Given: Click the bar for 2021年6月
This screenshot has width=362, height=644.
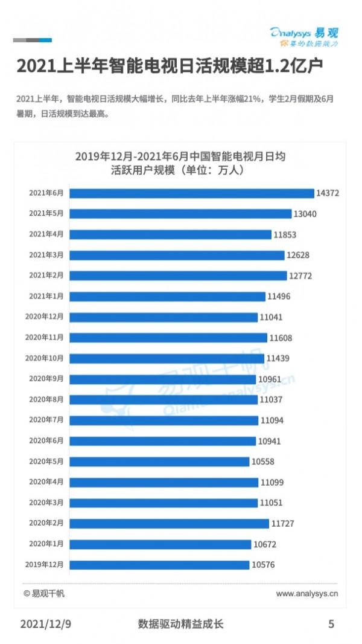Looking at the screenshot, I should (192, 193).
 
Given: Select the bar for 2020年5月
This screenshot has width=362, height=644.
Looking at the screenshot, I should (160, 462).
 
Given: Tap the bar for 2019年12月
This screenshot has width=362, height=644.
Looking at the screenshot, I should (160, 565).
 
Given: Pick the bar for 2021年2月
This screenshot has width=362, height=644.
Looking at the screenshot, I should (179, 275).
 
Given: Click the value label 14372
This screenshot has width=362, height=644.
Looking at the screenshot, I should (329, 193).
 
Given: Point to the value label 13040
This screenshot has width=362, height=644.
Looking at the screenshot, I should (305, 214).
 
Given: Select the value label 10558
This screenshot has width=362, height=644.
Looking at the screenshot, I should (264, 462).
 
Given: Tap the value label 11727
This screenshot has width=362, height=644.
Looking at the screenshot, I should (282, 524).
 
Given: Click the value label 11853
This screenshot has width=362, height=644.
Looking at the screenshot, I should (285, 234).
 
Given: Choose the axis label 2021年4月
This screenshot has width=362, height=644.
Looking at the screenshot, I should (46, 234).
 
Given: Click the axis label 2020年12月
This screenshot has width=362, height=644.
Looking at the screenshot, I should (44, 317).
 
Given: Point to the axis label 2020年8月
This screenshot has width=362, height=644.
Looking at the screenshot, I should (46, 399).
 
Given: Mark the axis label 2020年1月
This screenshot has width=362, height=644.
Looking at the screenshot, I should (46, 544).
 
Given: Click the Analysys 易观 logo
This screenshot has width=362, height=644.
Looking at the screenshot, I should (304, 37).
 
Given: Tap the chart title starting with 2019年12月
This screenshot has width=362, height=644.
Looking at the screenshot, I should (180, 163).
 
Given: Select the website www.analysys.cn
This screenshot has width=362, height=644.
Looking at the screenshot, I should (307, 594).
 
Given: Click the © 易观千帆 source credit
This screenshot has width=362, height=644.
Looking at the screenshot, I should (44, 594).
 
